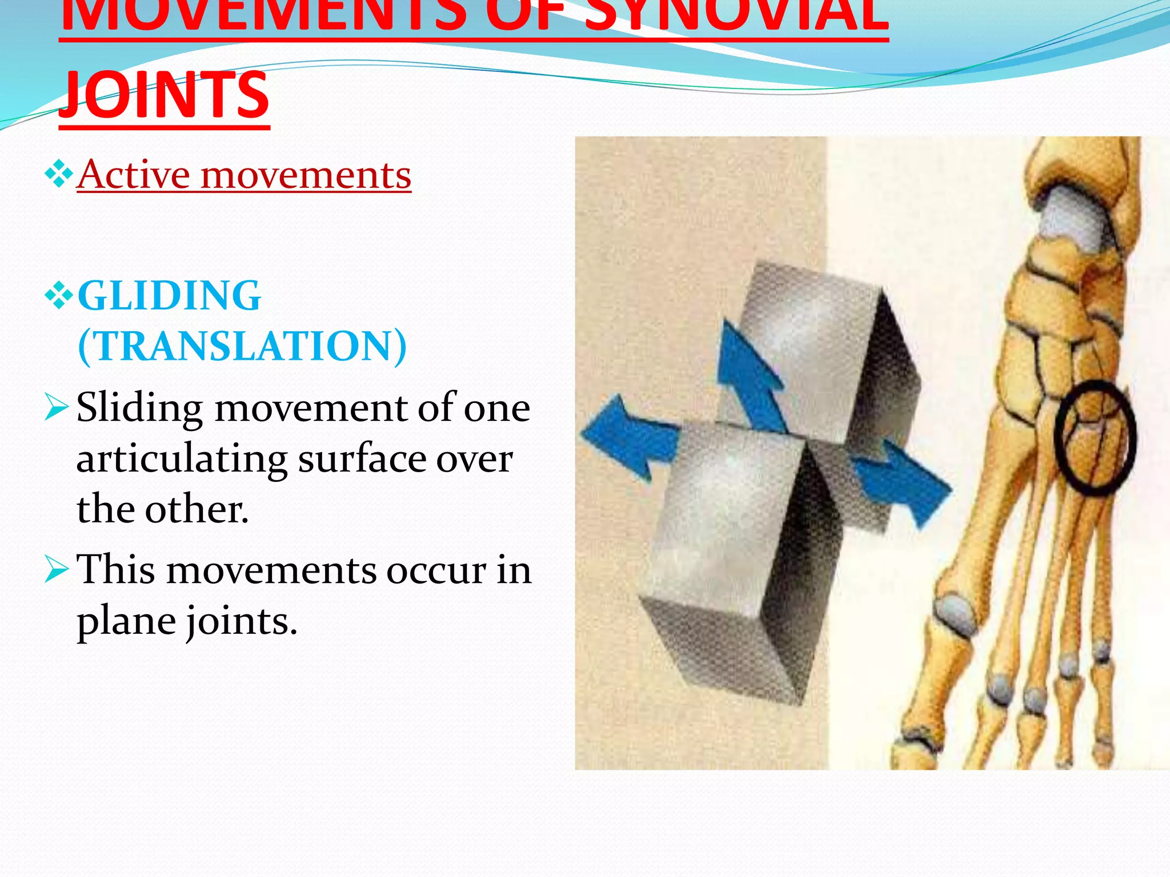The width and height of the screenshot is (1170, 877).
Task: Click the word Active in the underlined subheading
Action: pos(134,174)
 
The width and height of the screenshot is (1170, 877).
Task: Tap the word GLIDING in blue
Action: pos(169,295)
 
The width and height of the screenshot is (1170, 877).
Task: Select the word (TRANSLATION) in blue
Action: pos(242,346)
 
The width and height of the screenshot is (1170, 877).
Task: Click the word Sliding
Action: pos(139,408)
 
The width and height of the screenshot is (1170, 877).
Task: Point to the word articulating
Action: pos(182,458)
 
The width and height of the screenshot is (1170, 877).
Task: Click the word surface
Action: pos(362,458)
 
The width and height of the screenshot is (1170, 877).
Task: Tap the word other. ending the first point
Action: pos(197,509)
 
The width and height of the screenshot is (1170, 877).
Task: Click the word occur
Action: pos(436,570)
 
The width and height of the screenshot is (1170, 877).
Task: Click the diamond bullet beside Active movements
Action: pos(58,175)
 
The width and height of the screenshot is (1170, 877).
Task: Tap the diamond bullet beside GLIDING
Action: pos(58,296)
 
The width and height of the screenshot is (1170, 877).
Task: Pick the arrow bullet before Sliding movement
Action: pos(57,407)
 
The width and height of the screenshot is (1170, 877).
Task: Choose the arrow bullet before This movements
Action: pos(57,569)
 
